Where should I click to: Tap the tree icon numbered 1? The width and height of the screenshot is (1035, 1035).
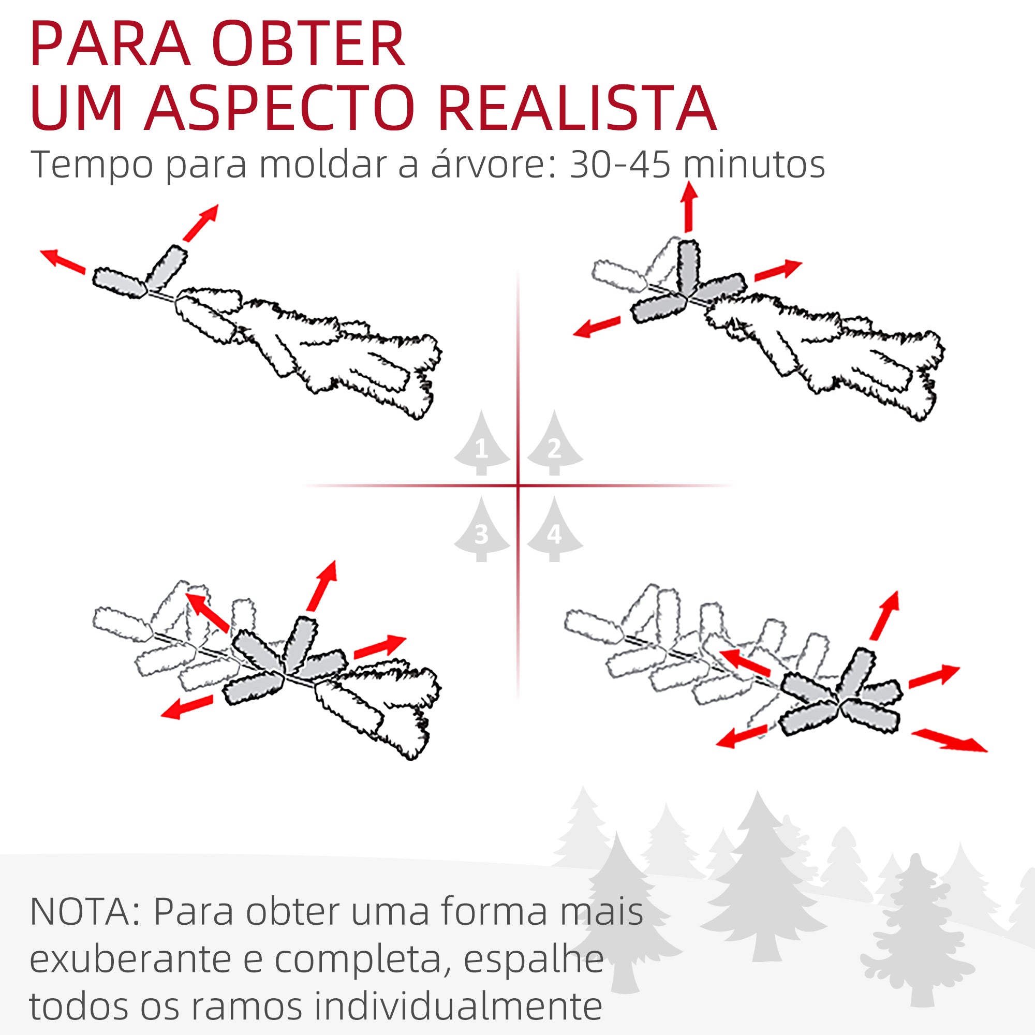[481, 444]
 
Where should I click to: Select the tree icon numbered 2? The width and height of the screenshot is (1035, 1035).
[554, 444]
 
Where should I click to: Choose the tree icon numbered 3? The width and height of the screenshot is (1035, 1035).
[481, 530]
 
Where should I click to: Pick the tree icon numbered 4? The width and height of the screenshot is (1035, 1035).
[554, 530]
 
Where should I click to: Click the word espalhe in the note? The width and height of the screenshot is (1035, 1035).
[533, 959]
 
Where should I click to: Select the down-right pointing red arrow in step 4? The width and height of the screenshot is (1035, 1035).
[949, 741]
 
